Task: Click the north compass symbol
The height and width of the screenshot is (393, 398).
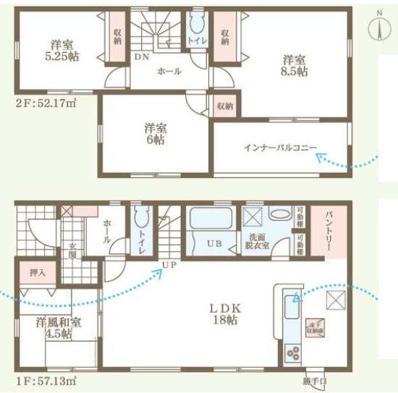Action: pyautogui.click(x=378, y=27)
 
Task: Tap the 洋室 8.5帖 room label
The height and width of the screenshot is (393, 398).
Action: pyautogui.click(x=295, y=65)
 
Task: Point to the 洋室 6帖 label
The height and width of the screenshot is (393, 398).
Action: pyautogui.click(x=153, y=134)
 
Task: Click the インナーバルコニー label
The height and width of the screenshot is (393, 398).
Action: pyautogui.click(x=279, y=148)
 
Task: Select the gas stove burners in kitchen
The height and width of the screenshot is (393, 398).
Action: pyautogui.click(x=295, y=353)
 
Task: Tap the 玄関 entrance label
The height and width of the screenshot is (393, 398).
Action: pyautogui.click(x=73, y=253)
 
